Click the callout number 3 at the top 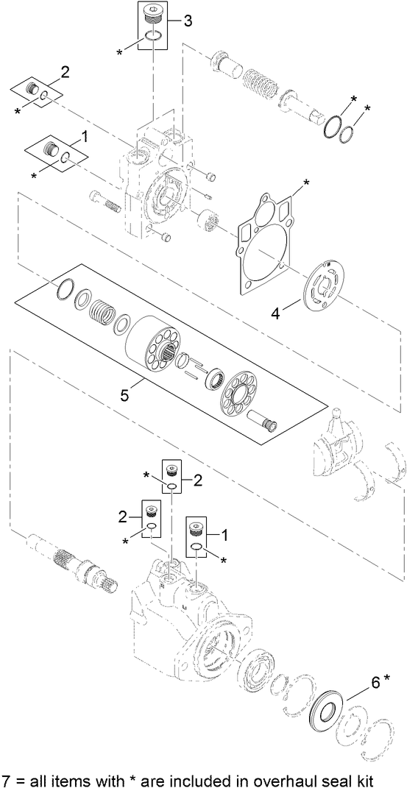(188, 21)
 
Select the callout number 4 (275, 314)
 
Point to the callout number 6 (375, 682)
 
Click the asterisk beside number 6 (387, 678)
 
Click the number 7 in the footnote (7, 778)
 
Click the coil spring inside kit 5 (104, 317)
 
